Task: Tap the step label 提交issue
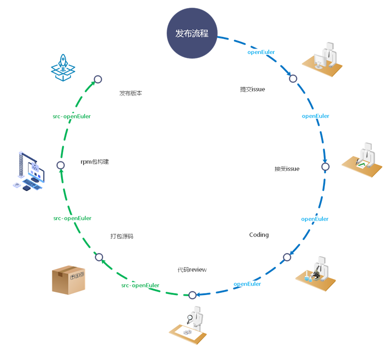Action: point(252,89)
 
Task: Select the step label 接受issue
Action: point(287,168)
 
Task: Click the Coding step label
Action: point(259,234)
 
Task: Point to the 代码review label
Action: point(192,269)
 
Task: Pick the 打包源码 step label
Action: point(122,236)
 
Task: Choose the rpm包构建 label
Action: point(95,161)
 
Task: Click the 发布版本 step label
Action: point(130,93)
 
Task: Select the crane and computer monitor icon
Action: point(28,169)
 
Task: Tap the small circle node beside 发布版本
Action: point(98,79)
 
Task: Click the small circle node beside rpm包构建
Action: point(61,165)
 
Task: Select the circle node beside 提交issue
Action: point(293,78)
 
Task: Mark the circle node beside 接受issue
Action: point(325,166)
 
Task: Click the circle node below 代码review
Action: point(192,294)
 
